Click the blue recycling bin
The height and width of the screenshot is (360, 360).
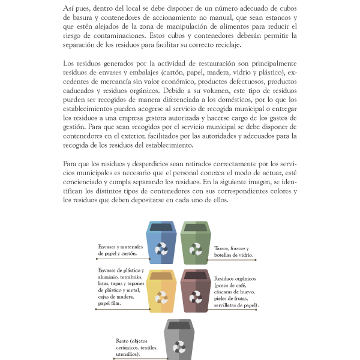coord(161,243)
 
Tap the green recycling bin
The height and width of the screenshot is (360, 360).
coord(196,243)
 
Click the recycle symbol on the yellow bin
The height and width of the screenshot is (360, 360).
coord(161,298)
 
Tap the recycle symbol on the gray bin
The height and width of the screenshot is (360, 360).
coord(179,346)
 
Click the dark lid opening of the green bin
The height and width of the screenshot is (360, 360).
coord(196,227)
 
